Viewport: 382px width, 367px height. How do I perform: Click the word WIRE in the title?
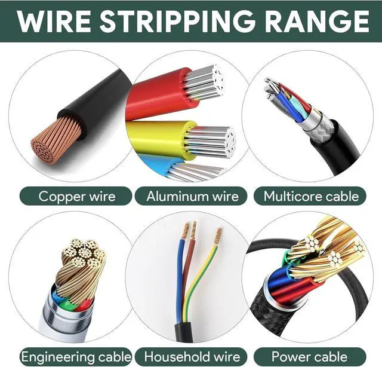pyautogui.click(x=53, y=21)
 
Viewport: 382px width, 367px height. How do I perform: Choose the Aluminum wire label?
pyautogui.click(x=192, y=196)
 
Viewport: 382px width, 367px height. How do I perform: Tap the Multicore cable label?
pyautogui.click(x=311, y=196)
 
